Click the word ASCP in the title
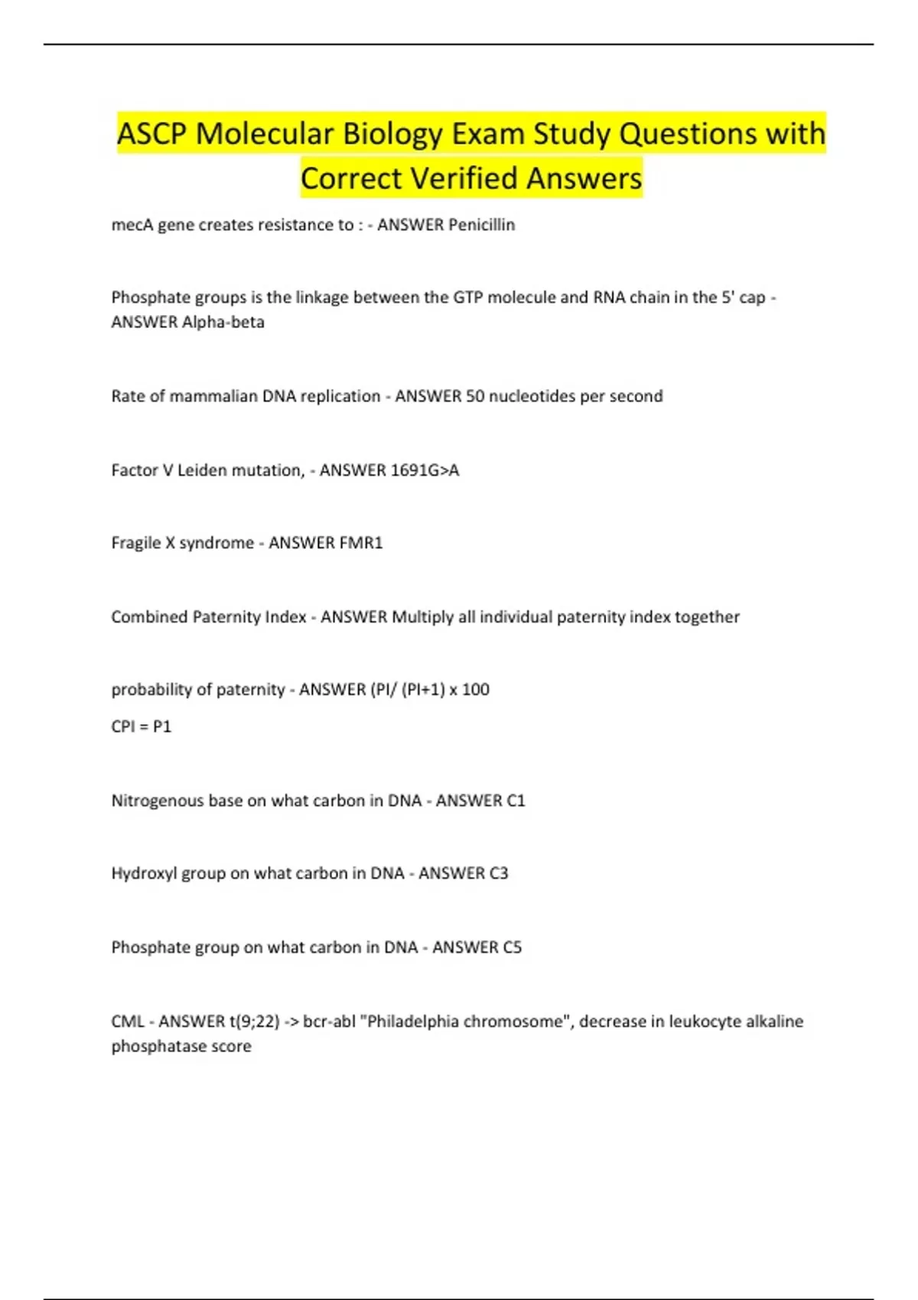click(151, 134)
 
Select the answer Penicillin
click(481, 225)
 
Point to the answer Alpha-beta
click(223, 322)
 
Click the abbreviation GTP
click(468, 297)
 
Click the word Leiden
click(202, 470)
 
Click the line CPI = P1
click(142, 726)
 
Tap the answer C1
click(516, 801)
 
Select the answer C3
click(498, 873)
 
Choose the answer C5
click(512, 947)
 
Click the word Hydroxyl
click(145, 873)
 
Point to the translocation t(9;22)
click(254, 1022)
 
